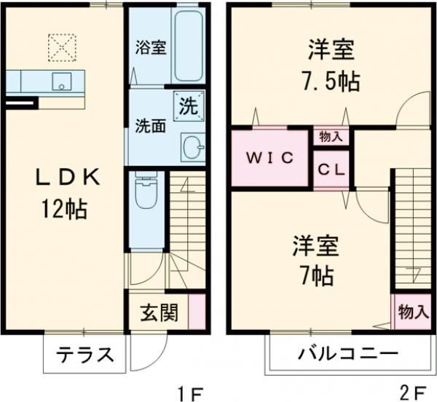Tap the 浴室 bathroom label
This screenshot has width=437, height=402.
tap(151, 49)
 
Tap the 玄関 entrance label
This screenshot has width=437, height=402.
tap(159, 314)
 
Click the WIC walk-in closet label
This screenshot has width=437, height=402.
tap(267, 157)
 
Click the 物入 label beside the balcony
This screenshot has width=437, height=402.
tap(412, 312)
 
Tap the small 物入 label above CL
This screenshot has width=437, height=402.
tap(331, 136)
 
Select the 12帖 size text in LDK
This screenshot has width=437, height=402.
tap(62, 210)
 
